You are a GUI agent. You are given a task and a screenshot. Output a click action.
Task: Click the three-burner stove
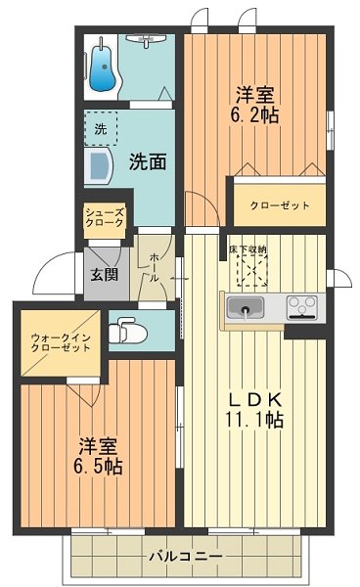tap(302, 309)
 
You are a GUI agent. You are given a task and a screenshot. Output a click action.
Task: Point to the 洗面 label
tap(148, 162)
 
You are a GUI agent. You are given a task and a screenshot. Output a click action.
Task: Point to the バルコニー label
tap(186, 556)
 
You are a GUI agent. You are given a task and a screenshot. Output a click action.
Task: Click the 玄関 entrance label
tap(105, 275)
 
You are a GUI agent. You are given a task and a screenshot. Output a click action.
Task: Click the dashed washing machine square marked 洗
tap(102, 128)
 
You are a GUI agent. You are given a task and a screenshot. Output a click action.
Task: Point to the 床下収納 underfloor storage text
tap(248, 250)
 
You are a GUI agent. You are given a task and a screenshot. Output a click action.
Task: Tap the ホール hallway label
tap(156, 266)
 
